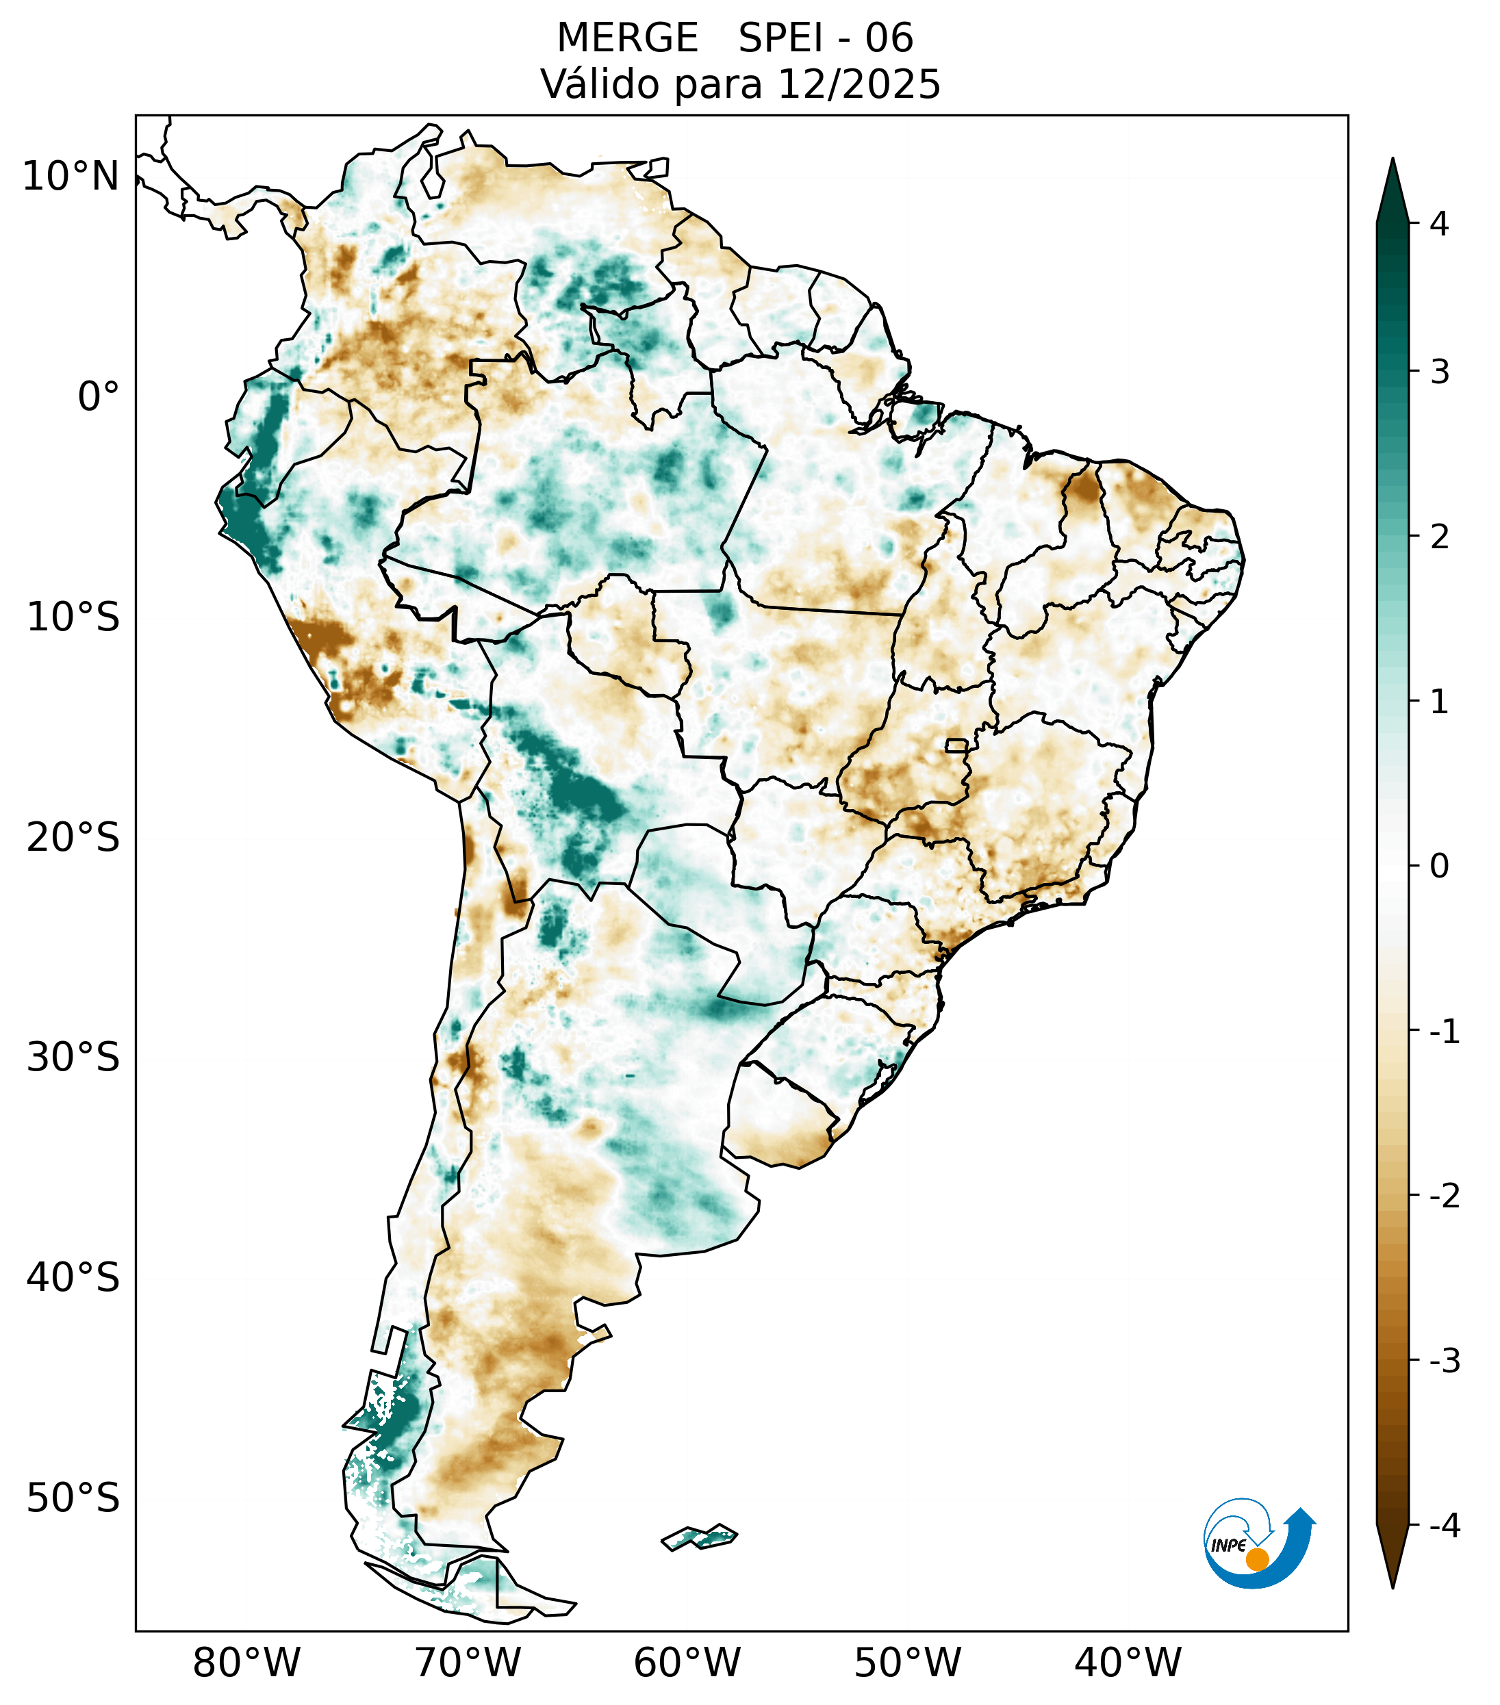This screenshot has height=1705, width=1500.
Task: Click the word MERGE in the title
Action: point(626,38)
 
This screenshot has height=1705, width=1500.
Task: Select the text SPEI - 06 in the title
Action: point(826,38)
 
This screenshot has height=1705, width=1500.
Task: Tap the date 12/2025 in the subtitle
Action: point(859,84)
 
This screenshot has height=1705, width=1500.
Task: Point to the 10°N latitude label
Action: point(70,177)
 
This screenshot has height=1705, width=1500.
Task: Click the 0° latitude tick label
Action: point(98,397)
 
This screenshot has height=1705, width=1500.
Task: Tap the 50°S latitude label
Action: point(73,1498)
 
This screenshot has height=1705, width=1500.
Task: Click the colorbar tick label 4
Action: point(1439,224)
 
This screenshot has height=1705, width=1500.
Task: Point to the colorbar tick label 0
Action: point(1439,867)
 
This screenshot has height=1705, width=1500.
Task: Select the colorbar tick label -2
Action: point(1444,1196)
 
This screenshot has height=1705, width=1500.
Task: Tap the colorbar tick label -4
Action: point(1444,1526)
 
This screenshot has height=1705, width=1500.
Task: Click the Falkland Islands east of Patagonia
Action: point(699,1536)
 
